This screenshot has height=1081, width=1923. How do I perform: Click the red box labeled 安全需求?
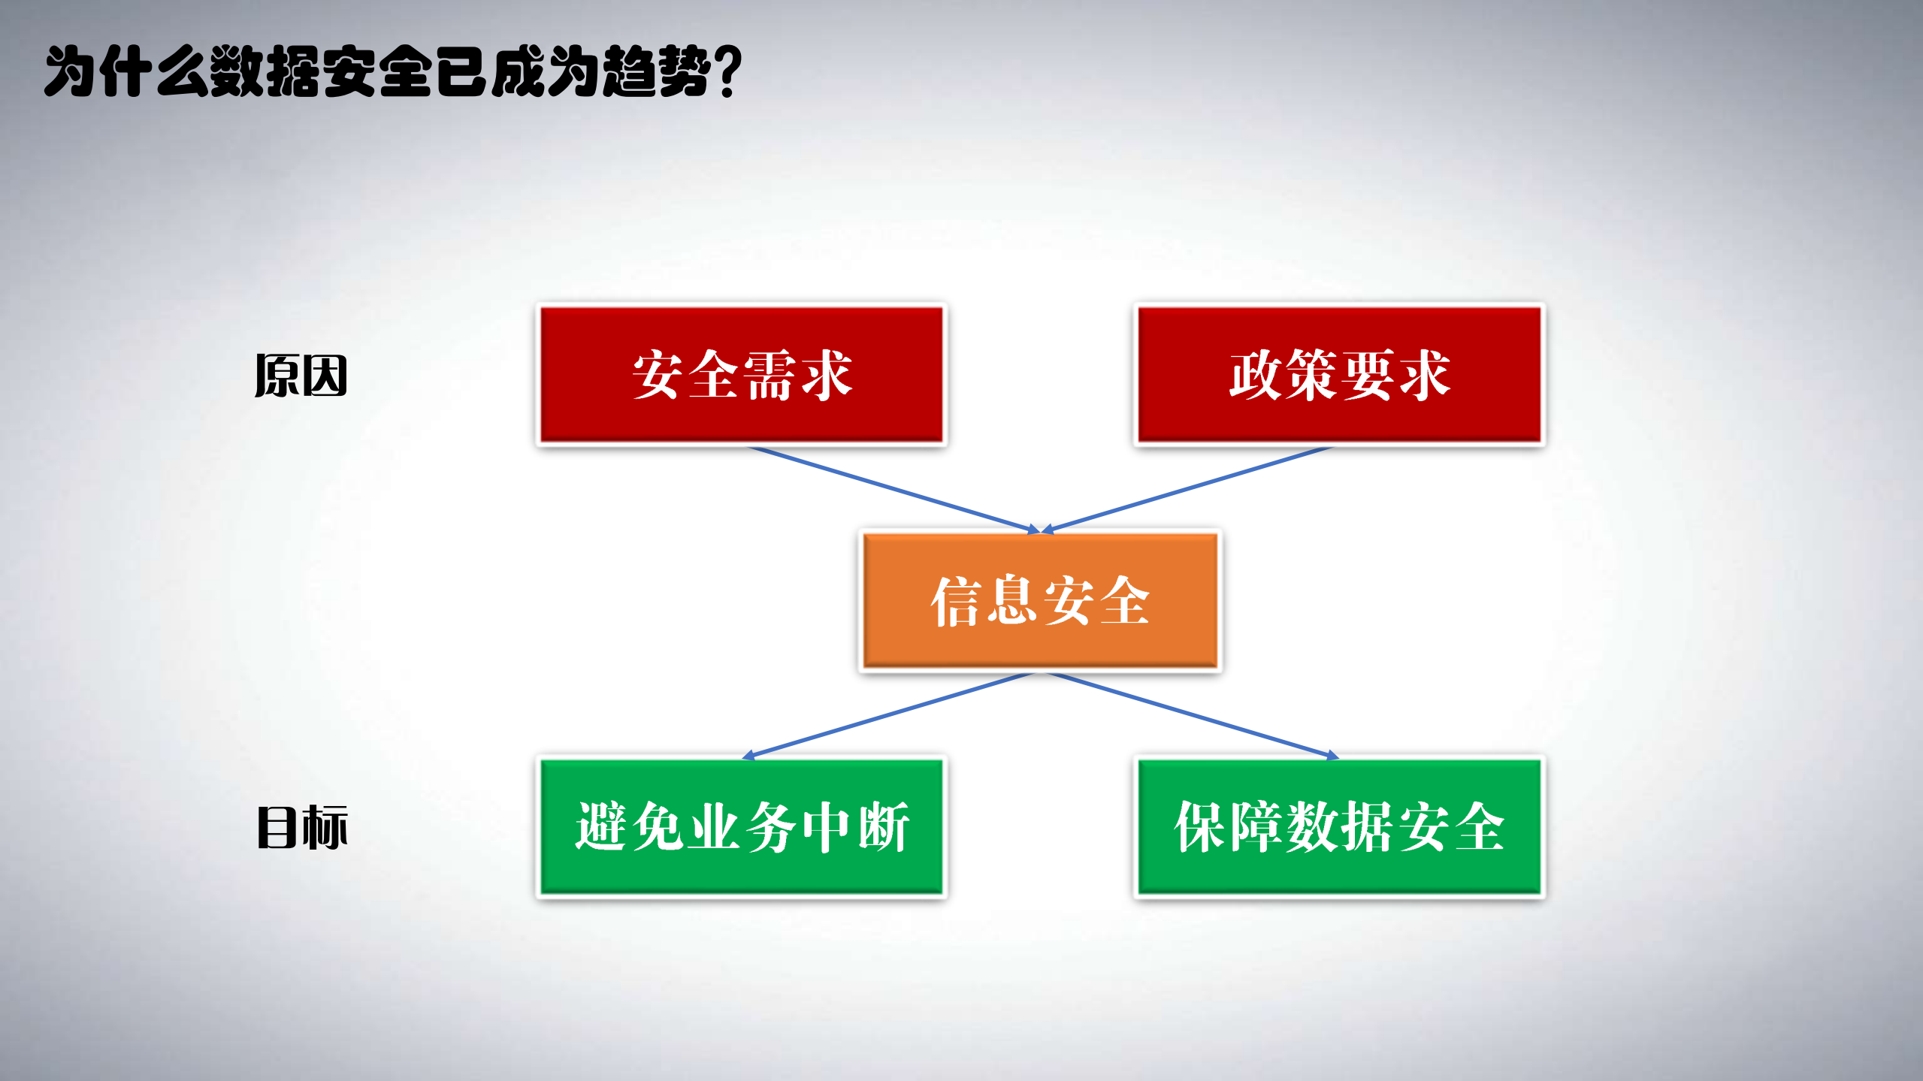(x=742, y=374)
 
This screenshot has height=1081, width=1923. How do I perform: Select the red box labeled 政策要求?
(x=1339, y=374)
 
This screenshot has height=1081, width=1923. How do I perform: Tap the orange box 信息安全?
(x=1040, y=600)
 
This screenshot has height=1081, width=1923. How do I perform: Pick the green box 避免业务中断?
(x=742, y=826)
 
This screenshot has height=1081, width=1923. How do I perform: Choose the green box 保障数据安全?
(x=1339, y=826)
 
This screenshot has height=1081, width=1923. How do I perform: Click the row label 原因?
(x=301, y=376)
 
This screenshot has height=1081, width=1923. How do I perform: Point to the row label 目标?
(x=302, y=827)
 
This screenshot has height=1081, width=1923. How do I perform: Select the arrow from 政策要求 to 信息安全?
(x=1187, y=489)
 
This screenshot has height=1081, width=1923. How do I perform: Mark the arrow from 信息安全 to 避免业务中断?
(x=890, y=714)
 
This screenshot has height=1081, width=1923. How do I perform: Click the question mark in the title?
(x=727, y=72)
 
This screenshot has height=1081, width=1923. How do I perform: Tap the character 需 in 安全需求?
(x=770, y=374)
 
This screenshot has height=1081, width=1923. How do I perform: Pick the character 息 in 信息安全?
(x=1012, y=600)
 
